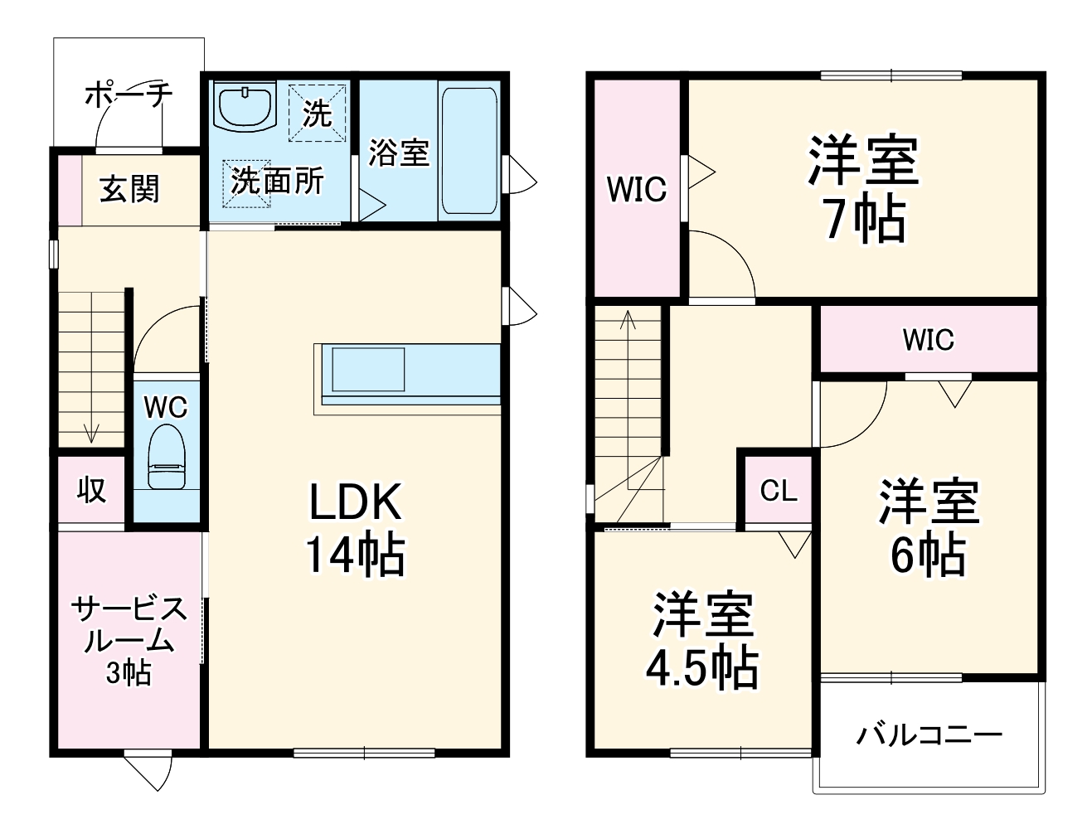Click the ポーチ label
129,94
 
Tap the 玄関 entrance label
129,190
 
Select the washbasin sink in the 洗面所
245,106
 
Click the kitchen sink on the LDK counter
368,370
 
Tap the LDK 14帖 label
356,528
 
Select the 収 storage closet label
91,490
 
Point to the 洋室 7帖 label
863,190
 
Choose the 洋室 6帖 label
929,527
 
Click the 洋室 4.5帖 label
702,639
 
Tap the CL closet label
779,491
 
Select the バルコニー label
929,734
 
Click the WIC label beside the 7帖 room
637,190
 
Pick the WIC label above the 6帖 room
929,339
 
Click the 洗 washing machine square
316,113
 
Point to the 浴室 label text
399,153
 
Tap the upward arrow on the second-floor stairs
628,318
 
